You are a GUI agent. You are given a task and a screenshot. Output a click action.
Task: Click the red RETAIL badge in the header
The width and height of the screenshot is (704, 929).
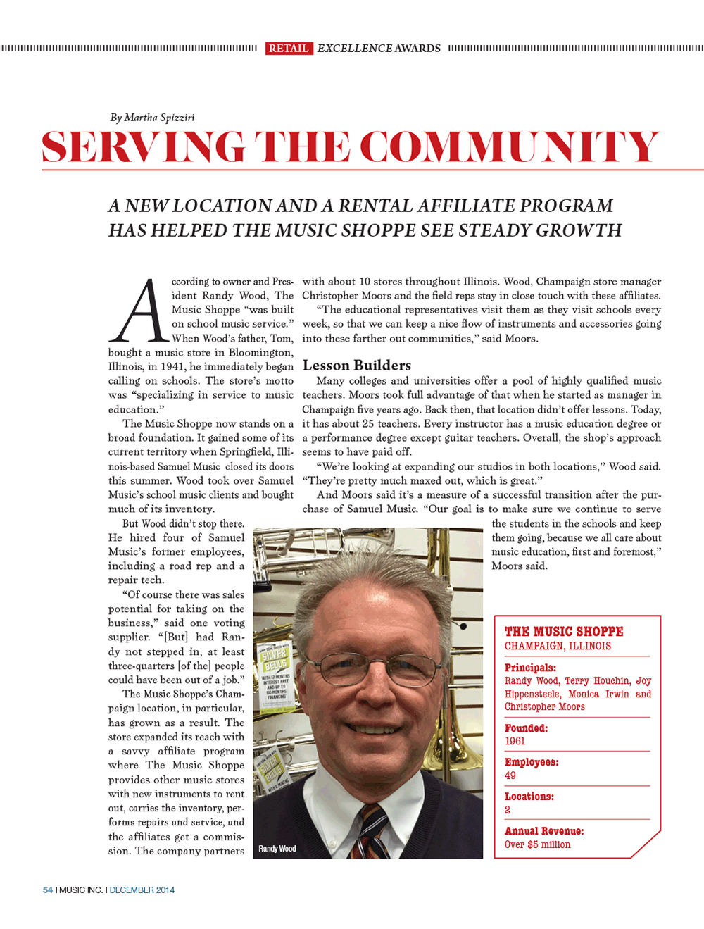(x=289, y=49)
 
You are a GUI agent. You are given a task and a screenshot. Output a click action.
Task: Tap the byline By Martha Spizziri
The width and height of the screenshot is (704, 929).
(x=152, y=118)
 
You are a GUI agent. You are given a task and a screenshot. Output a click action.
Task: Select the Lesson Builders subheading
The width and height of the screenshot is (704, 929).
(x=356, y=366)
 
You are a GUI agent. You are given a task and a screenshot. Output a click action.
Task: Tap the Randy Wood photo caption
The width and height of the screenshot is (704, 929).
(x=277, y=849)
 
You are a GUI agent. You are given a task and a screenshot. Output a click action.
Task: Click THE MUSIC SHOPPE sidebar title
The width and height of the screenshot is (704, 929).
(x=564, y=632)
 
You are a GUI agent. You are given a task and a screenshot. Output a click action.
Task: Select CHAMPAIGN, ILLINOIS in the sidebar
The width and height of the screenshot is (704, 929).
(x=558, y=646)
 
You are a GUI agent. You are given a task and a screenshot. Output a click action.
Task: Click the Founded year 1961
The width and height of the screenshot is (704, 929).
(x=515, y=741)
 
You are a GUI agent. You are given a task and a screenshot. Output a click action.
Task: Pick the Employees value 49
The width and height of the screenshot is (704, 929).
(x=510, y=775)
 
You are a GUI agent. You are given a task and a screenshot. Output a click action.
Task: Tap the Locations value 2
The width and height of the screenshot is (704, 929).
(x=508, y=810)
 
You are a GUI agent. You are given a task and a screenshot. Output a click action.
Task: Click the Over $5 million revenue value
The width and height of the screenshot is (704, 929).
(x=537, y=844)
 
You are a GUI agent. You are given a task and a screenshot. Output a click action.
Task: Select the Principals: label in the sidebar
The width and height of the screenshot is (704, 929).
(x=530, y=668)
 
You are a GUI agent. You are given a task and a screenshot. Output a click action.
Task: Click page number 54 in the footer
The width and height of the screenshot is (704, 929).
(x=48, y=890)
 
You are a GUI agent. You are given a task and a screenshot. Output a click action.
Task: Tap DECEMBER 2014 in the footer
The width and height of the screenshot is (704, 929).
(x=142, y=890)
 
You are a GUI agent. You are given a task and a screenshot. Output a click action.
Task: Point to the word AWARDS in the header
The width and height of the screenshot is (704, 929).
(x=417, y=49)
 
